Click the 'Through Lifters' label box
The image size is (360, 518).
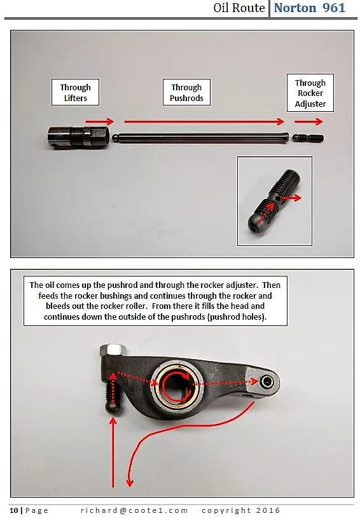point(75,92)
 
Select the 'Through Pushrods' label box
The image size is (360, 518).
point(186,92)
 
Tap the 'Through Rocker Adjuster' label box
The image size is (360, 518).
point(310,93)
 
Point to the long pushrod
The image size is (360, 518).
point(202,137)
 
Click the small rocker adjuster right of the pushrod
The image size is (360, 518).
point(308,137)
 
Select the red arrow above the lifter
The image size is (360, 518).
point(99,121)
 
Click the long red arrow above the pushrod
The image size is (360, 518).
point(204,121)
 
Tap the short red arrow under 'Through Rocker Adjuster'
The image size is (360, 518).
point(308,121)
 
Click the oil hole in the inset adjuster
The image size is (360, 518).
point(279,198)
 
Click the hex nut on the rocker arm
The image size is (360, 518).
point(112,349)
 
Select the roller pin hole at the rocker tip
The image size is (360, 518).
point(266,382)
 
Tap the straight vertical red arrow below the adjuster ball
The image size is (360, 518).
point(113,453)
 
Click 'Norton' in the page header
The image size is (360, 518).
point(295,8)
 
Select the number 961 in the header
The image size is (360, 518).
point(333,8)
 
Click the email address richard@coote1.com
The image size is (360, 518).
point(134,510)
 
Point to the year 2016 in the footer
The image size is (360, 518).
point(268,510)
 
